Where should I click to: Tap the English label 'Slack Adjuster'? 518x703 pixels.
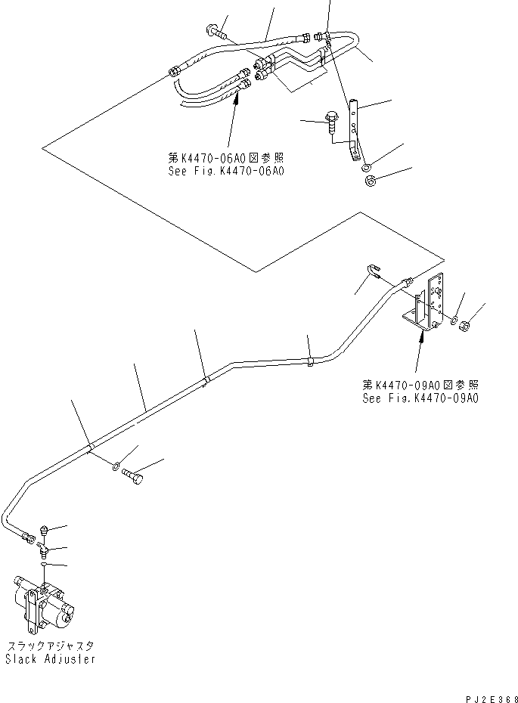pyautogui.click(x=50, y=658)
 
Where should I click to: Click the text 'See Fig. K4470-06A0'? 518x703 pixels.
pyautogui.click(x=226, y=171)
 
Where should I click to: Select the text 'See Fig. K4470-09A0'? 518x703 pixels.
pyautogui.click(x=420, y=398)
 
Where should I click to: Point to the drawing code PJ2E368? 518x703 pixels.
pyautogui.click(x=492, y=698)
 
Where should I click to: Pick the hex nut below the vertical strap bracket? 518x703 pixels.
pyautogui.click(x=371, y=181)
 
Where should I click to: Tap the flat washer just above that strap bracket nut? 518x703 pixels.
pyautogui.click(x=366, y=168)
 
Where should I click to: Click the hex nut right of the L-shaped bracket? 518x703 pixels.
pyautogui.click(x=465, y=326)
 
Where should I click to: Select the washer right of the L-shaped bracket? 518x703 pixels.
pyautogui.click(x=454, y=320)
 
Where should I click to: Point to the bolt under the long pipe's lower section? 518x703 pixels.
pyautogui.click(x=132, y=475)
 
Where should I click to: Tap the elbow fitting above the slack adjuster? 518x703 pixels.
pyautogui.click(x=44, y=548)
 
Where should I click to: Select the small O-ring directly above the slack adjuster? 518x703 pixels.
pyautogui.click(x=44, y=565)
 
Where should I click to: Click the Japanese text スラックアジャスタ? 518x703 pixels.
pyautogui.click(x=50, y=646)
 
